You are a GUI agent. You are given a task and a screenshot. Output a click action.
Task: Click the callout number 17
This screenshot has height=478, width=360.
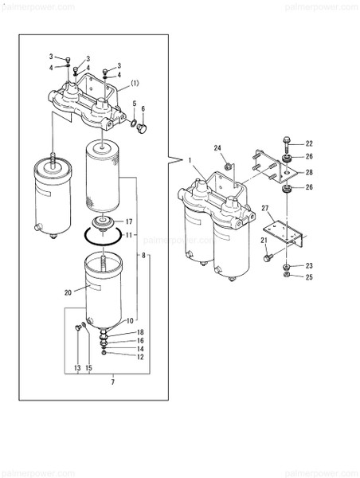tap(129, 221)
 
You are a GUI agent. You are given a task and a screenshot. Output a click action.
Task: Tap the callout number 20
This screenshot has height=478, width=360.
tap(68, 292)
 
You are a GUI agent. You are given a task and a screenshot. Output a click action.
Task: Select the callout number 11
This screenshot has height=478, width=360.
tap(129, 236)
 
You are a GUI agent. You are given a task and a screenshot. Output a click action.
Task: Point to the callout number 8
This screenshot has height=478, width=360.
tap(144, 255)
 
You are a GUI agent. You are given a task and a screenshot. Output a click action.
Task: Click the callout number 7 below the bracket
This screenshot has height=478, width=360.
tap(113, 383)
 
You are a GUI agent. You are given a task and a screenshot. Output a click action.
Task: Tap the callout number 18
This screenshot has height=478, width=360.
tap(140, 331)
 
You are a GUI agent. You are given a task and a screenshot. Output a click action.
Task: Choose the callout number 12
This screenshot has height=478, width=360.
tap(140, 357)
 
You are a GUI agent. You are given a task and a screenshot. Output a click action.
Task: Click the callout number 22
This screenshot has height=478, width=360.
tap(310, 143)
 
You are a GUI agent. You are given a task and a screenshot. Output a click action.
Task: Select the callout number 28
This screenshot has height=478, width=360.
tap(310, 172)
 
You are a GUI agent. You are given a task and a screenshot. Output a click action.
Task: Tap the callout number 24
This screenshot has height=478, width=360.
tap(217, 147)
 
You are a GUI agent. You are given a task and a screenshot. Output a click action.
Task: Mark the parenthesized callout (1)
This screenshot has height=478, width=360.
tap(135, 83)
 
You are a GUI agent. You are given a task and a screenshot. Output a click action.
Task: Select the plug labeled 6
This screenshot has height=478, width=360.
tap(143, 127)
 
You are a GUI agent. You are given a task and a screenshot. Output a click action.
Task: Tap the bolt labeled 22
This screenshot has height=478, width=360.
tap(284, 144)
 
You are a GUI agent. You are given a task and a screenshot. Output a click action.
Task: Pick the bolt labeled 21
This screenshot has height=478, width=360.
tap(268, 257)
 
